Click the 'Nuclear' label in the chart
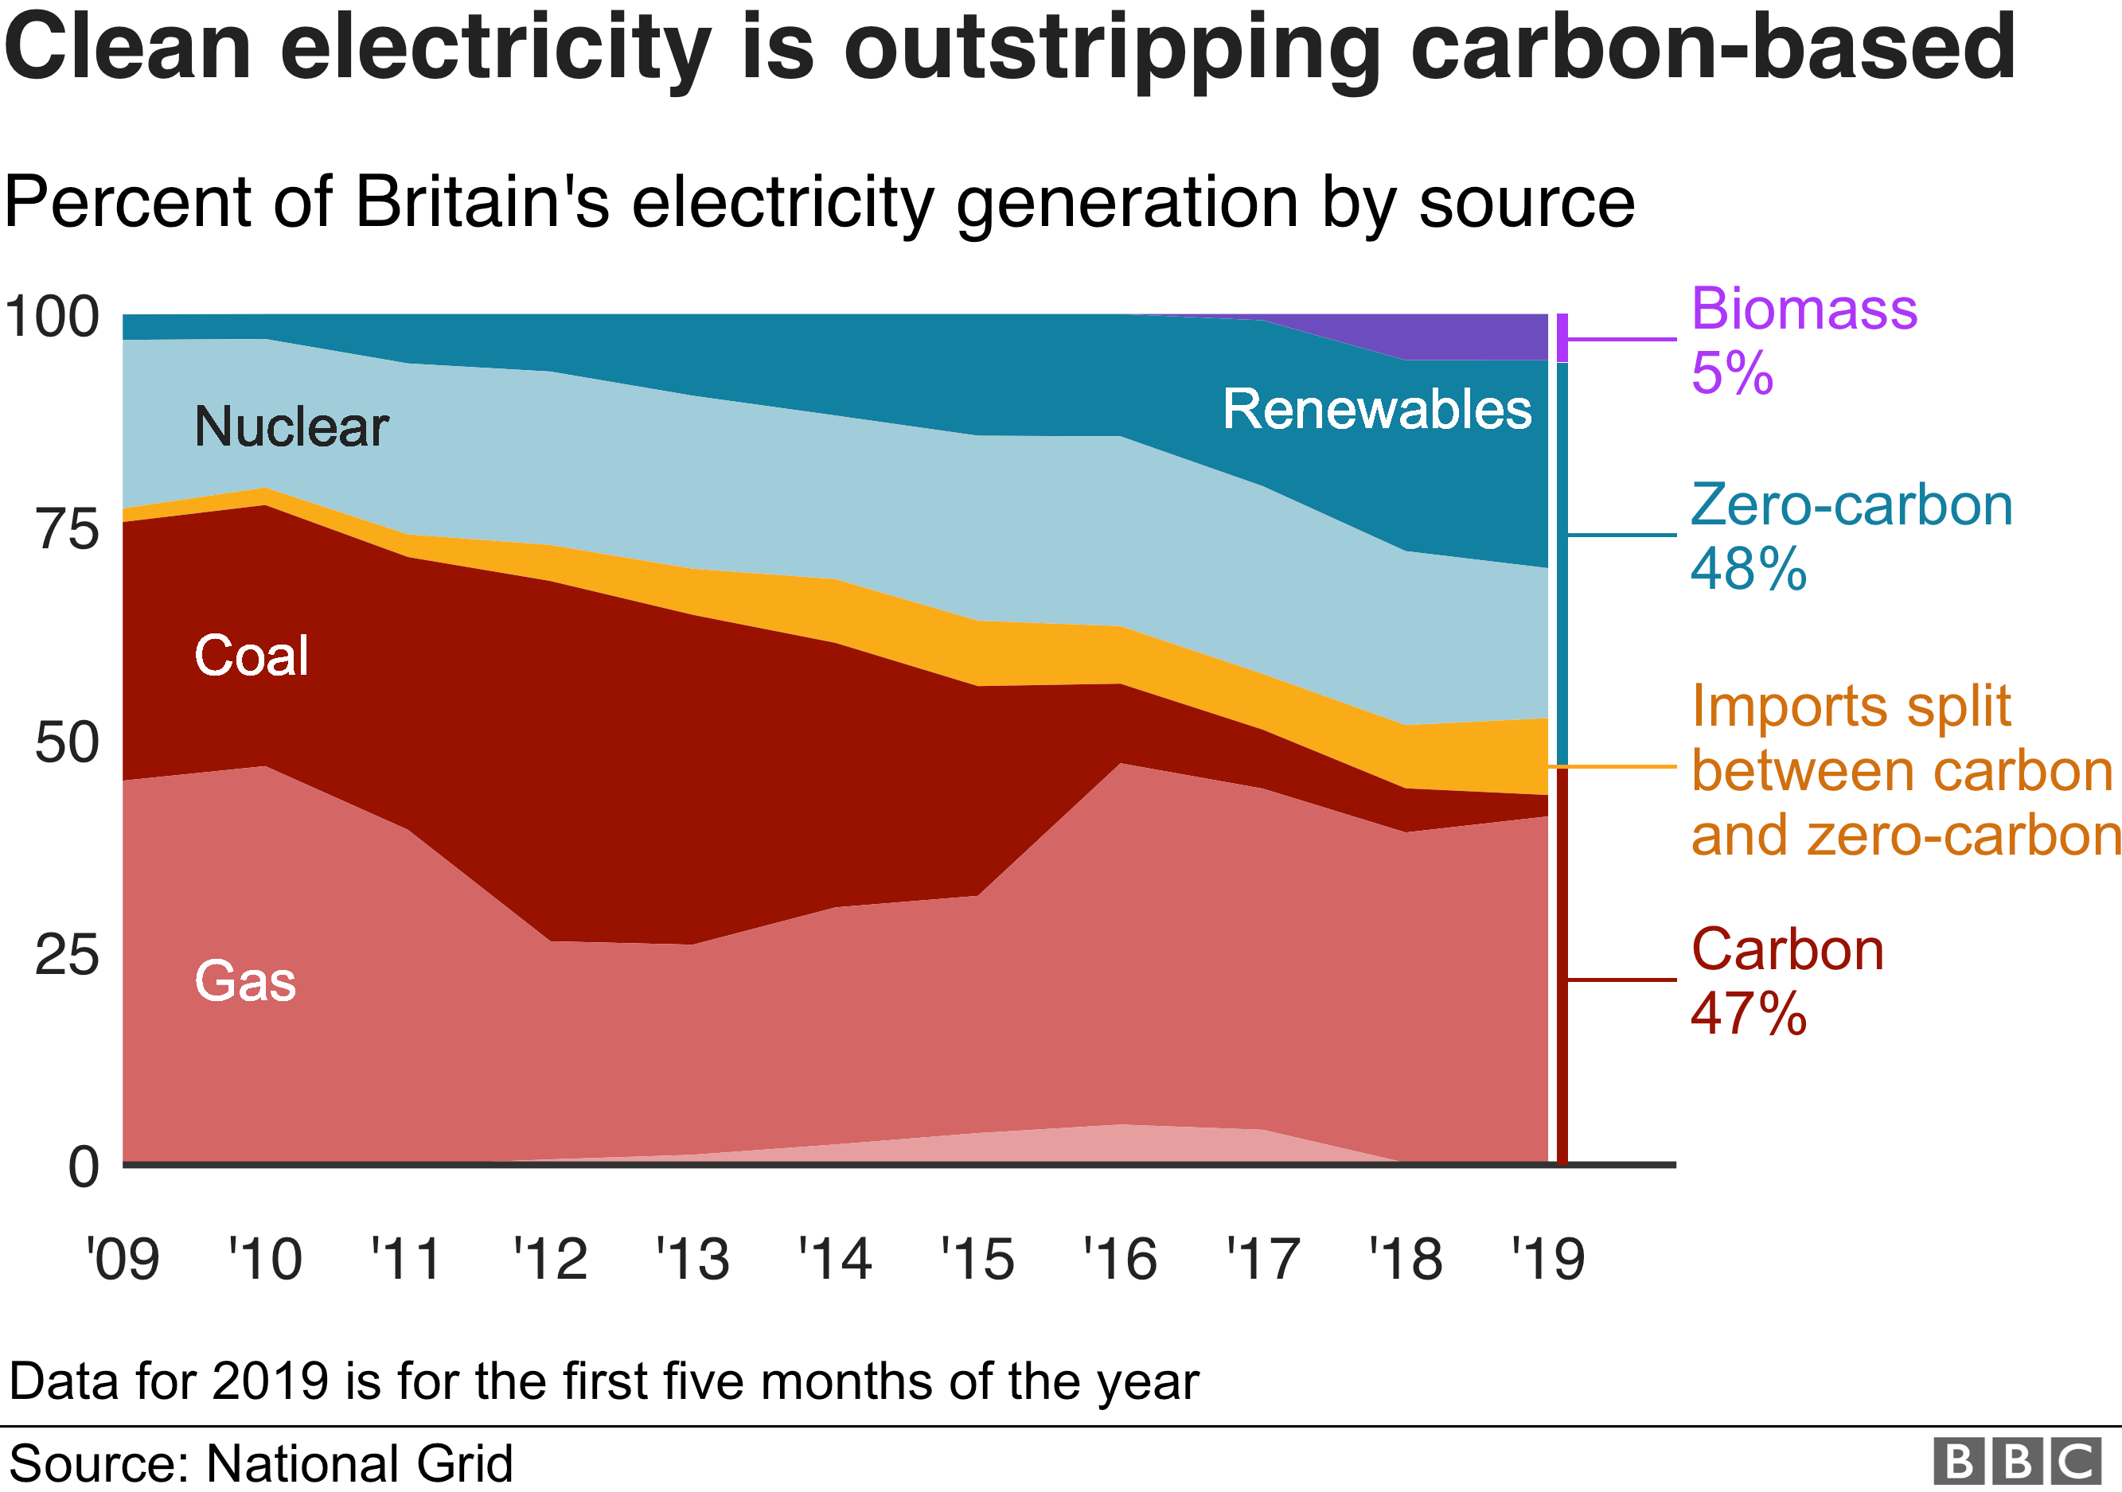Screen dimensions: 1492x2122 click(x=291, y=427)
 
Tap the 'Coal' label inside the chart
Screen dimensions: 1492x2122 click(x=252, y=656)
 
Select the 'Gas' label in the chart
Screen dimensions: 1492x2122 click(x=245, y=980)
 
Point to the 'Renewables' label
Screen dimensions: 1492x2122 click(x=1377, y=409)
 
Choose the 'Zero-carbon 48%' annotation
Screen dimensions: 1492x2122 click(x=1851, y=536)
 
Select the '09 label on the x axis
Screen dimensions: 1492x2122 click(x=123, y=1259)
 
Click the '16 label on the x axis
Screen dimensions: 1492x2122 click(x=1120, y=1259)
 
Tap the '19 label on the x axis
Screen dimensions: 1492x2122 click(x=1548, y=1259)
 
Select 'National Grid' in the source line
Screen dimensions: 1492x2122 click(x=359, y=1463)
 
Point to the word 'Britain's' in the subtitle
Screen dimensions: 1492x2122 click(x=482, y=202)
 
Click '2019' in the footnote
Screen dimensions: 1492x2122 click(x=270, y=1381)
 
